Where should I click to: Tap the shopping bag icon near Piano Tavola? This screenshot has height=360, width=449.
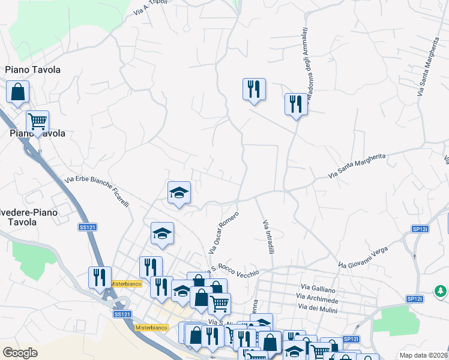[x=18, y=92]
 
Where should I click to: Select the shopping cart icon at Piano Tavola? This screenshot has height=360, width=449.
[x=37, y=121]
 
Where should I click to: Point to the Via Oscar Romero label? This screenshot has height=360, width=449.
[x=223, y=232]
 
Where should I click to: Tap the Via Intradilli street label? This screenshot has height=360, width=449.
[x=268, y=236]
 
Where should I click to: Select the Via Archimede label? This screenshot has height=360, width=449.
[x=318, y=298]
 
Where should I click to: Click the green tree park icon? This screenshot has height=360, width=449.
[x=441, y=291]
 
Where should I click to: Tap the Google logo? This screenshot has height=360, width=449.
[x=20, y=353]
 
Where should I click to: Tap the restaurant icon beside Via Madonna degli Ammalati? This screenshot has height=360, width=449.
[x=296, y=104]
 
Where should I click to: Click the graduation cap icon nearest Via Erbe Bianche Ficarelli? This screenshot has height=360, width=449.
[x=179, y=193]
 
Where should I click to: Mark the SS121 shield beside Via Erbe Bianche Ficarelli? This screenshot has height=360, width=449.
[x=88, y=227]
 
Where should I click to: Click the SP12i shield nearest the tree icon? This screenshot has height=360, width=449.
[x=415, y=299]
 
